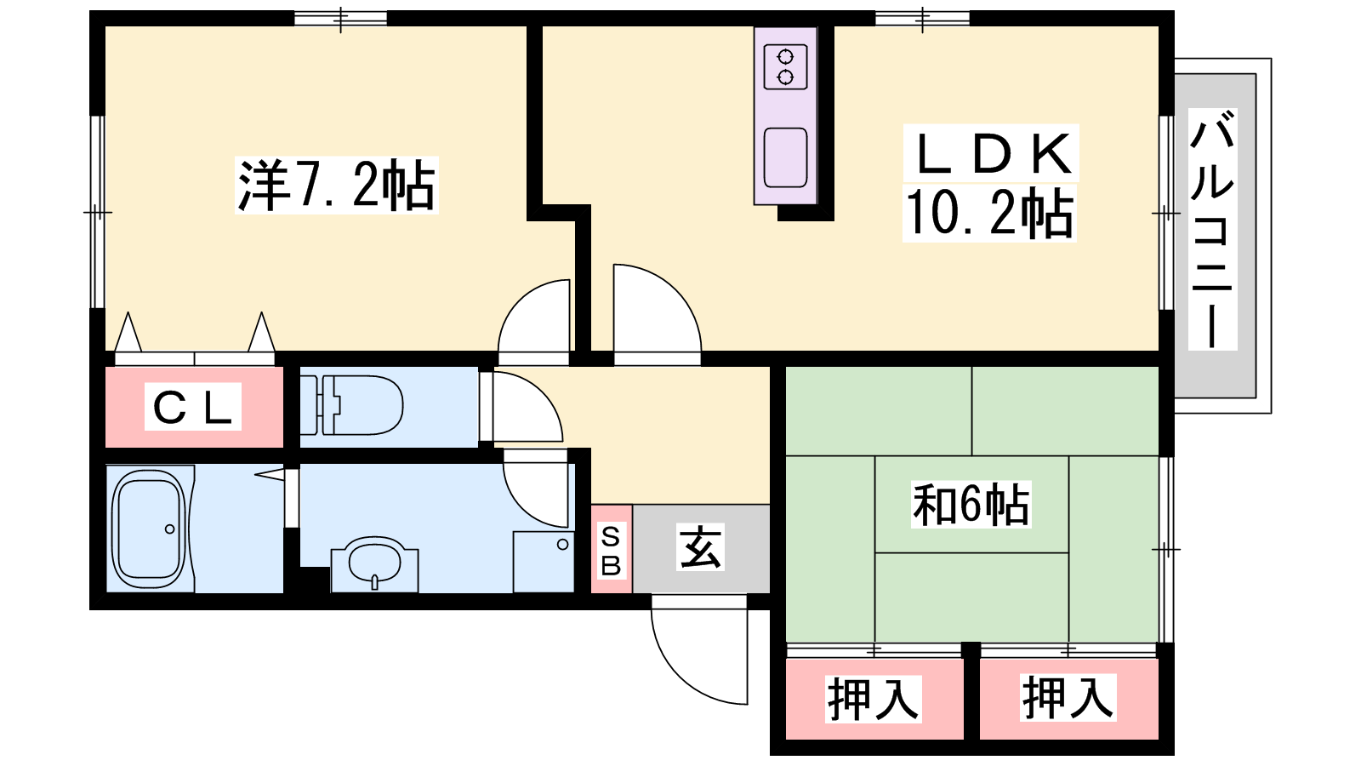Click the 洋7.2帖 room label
coord(337,185)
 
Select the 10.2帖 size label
coord(989,213)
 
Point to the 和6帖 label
coord(971,505)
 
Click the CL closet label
coord(192,407)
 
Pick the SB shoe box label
coord(611,551)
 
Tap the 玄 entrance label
coord(700,547)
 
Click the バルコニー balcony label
coord(1212,229)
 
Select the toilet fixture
coord(352,405)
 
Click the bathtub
coord(150,529)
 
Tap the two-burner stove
coord(785,67)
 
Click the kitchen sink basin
coord(785,157)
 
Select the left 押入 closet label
coord(873,699)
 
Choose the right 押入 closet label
coord(1068,698)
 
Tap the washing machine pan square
coord(544,562)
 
